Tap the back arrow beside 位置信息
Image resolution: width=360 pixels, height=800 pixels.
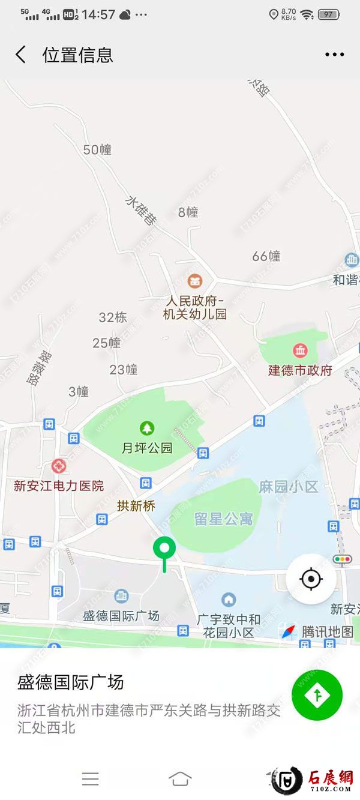pyautogui.click(x=21, y=55)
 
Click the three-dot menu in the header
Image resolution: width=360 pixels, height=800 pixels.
pyautogui.click(x=334, y=55)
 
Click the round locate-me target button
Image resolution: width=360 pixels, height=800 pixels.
pyautogui.click(x=311, y=579)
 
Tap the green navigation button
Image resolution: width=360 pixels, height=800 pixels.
pyautogui.click(x=317, y=695)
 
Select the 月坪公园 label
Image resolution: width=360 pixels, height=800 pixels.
pyautogui.click(x=147, y=448)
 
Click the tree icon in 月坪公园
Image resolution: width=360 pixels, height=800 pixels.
pyautogui.click(x=147, y=428)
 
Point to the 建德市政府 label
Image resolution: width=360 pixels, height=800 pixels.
pyautogui.click(x=300, y=370)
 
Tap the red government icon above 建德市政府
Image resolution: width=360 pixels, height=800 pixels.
pyautogui.click(x=299, y=350)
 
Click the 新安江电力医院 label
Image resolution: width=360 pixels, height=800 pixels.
pyautogui.click(x=59, y=486)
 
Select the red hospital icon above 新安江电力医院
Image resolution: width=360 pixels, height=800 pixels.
pyautogui.click(x=58, y=466)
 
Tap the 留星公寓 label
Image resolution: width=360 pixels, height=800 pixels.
pyautogui.click(x=223, y=519)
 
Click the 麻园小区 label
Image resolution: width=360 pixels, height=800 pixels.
pyautogui.click(x=288, y=487)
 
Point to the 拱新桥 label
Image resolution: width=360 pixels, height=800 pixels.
pyautogui.click(x=136, y=506)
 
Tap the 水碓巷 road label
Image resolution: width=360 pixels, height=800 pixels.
pyautogui.click(x=142, y=211)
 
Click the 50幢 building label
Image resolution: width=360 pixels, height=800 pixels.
pyautogui.click(x=97, y=149)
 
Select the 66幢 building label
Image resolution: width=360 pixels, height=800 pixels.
pyautogui.click(x=266, y=256)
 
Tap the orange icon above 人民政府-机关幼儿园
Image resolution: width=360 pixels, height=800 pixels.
pyautogui.click(x=194, y=280)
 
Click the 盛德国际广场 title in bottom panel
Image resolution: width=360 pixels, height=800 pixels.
pyautogui.click(x=71, y=682)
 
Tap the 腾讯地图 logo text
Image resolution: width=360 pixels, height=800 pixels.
pyautogui.click(x=327, y=631)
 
